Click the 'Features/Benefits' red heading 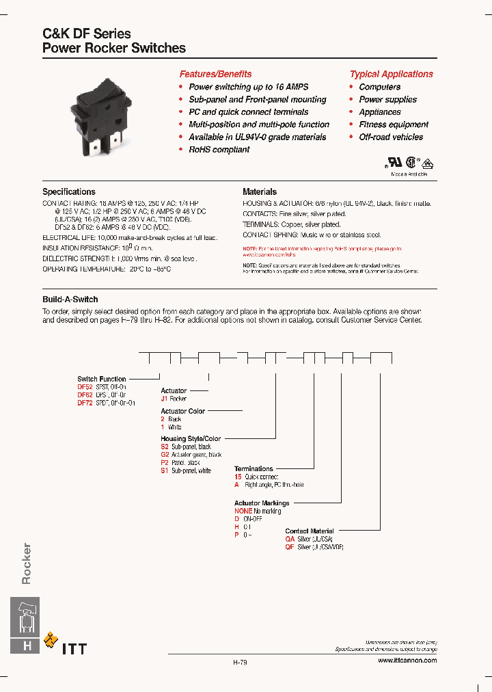[215, 74]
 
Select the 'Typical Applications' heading [391, 74]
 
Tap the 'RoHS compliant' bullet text [219, 150]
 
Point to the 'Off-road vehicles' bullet [391, 137]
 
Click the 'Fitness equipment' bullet [394, 125]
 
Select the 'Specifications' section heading [69, 192]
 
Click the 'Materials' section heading [260, 192]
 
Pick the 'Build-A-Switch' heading [70, 300]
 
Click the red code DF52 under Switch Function [84, 387]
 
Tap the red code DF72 [84, 403]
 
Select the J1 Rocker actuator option [164, 399]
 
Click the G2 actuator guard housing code [165, 455]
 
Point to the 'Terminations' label [254, 469]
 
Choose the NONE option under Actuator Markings [243, 511]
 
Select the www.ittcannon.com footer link [407, 660]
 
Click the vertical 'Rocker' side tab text [27, 563]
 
